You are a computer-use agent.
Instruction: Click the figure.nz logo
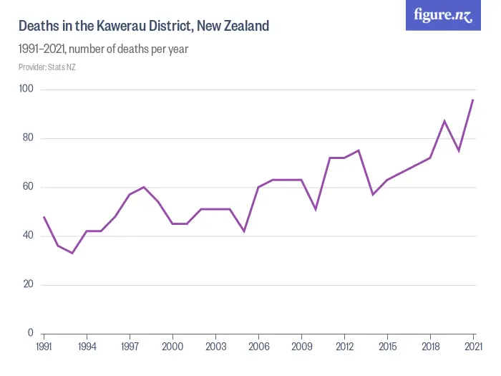(443, 16)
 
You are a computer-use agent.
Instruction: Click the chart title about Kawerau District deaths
(143, 26)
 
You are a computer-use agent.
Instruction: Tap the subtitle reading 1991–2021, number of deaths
(103, 49)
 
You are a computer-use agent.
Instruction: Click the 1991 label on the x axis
(44, 346)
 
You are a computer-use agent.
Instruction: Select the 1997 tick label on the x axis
(130, 346)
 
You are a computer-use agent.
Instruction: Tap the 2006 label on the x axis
(258, 346)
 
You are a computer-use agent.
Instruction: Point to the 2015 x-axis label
(387, 346)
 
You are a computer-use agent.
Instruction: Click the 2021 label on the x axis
(473, 346)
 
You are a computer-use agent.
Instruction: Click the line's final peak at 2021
(473, 100)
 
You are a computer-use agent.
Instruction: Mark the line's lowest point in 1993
(72, 253)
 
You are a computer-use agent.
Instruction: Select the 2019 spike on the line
(444, 121)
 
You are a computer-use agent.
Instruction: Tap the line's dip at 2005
(244, 231)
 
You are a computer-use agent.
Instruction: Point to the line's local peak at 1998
(144, 187)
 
